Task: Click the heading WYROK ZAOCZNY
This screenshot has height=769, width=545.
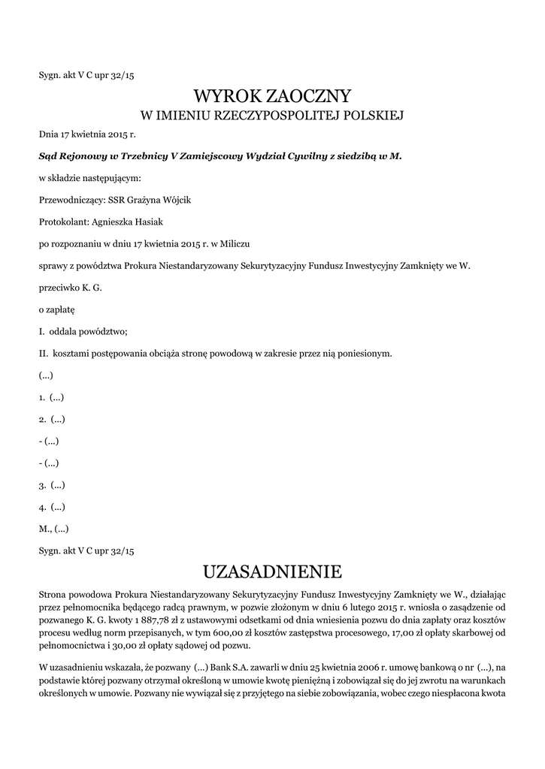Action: (272, 96)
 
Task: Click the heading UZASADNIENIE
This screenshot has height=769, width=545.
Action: (272, 572)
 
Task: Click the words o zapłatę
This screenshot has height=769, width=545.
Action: (56, 309)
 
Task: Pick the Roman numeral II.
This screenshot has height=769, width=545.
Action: (44, 352)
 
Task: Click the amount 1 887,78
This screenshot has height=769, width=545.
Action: (150, 621)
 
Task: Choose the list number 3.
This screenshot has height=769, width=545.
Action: (42, 485)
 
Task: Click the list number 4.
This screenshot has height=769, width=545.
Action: (42, 507)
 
